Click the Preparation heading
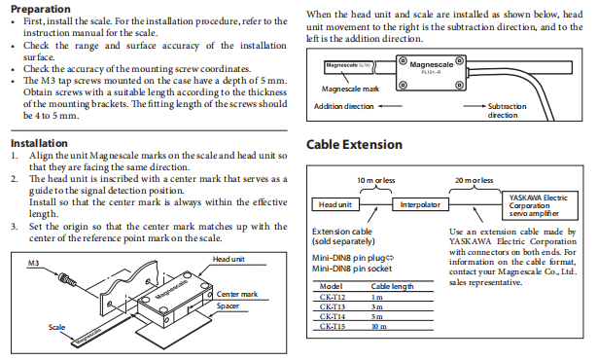click(x=41, y=9)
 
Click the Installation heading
click(x=39, y=143)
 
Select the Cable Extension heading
click(x=354, y=144)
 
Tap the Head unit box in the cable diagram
click(x=335, y=204)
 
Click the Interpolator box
click(x=420, y=204)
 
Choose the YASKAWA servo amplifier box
click(x=540, y=205)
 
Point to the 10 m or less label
click(x=376, y=180)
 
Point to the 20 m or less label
click(x=475, y=180)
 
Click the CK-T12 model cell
click(x=333, y=297)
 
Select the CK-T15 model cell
click(x=333, y=326)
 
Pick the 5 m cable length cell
click(x=377, y=316)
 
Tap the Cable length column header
click(x=392, y=286)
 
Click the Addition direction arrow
click(x=390, y=106)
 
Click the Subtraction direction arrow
click(x=475, y=106)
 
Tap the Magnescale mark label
click(x=350, y=89)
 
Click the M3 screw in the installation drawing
click(x=67, y=279)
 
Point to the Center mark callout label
click(x=237, y=294)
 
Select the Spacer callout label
click(x=228, y=306)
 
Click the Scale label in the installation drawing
click(x=56, y=327)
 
